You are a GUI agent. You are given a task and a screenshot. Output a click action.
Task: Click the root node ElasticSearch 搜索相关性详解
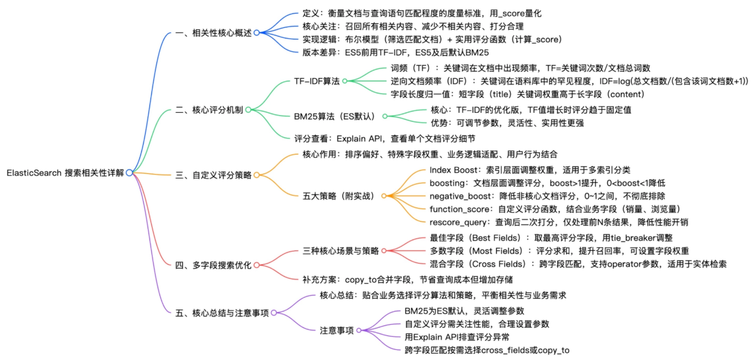coord(65,173)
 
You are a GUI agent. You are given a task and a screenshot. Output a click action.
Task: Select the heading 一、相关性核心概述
coord(214,33)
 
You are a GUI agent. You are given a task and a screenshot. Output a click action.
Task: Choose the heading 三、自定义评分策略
coord(214,175)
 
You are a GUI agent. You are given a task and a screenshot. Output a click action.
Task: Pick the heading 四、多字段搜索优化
coord(214,265)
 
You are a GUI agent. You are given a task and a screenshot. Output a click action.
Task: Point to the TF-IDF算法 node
coord(317,81)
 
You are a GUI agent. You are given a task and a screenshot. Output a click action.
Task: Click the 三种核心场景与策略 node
coord(341,250)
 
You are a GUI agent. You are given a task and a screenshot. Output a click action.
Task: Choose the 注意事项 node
coord(337,330)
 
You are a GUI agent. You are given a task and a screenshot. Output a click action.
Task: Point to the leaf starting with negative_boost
coord(520,196)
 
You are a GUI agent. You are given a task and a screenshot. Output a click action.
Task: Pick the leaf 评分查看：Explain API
coord(385,138)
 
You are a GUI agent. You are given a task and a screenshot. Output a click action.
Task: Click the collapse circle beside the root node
coord(129,173)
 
